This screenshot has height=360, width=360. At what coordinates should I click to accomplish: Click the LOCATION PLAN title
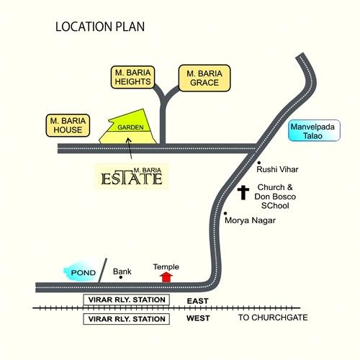(x=100, y=27)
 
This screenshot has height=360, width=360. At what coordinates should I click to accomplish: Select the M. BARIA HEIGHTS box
(x=132, y=77)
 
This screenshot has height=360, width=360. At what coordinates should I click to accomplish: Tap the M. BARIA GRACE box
(x=204, y=78)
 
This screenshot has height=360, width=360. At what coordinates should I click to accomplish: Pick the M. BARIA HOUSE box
(x=68, y=125)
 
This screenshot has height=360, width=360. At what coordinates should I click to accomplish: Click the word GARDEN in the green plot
(x=130, y=127)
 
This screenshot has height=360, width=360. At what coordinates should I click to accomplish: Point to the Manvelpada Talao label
(x=314, y=130)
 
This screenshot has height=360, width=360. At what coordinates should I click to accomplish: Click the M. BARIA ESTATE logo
(x=132, y=176)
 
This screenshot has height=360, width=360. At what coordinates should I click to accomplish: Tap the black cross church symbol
(x=243, y=192)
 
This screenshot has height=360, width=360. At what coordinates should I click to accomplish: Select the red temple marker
(x=166, y=277)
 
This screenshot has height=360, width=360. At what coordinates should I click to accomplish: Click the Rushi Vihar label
(x=277, y=169)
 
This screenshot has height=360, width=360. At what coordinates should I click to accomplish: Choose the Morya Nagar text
(x=250, y=220)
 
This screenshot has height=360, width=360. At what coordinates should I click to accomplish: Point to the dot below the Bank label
(x=121, y=277)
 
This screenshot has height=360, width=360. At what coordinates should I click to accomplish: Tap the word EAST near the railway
(x=197, y=301)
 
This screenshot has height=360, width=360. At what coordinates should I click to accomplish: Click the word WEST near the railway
(x=198, y=318)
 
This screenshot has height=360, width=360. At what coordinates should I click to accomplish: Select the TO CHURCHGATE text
(x=273, y=318)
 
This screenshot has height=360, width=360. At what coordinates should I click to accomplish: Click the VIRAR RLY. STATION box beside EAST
(x=127, y=300)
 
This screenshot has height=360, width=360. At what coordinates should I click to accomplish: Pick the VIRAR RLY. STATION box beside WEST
(x=127, y=319)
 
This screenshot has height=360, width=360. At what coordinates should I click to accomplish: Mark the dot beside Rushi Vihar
(x=259, y=163)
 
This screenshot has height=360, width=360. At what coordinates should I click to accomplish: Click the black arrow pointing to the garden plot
(x=130, y=148)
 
